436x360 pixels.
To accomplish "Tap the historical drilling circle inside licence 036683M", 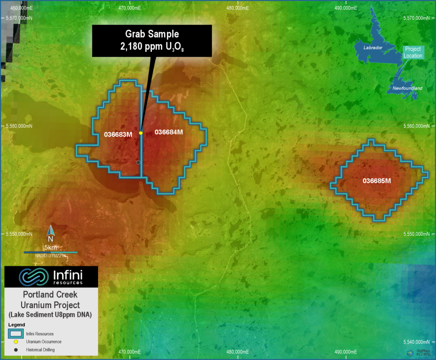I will pos(138,163).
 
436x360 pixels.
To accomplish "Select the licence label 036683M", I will pos(118,134).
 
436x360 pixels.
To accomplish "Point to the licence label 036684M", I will pos(169,132).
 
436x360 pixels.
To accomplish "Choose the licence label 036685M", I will pos(377,181).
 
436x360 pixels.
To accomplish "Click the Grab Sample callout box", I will pos(152,41).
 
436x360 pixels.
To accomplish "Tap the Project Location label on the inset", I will pos(413,52).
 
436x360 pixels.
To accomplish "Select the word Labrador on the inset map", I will pos(373,48).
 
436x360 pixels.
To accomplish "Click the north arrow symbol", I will pos(50,231).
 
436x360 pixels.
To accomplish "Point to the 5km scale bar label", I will pos(50,248).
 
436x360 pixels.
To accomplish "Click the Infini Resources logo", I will pos(51,277).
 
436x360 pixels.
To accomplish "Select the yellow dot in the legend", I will pos(15,342).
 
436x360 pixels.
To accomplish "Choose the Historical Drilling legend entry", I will pos(40,350).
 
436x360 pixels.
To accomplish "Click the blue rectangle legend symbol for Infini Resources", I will pos(16,334).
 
